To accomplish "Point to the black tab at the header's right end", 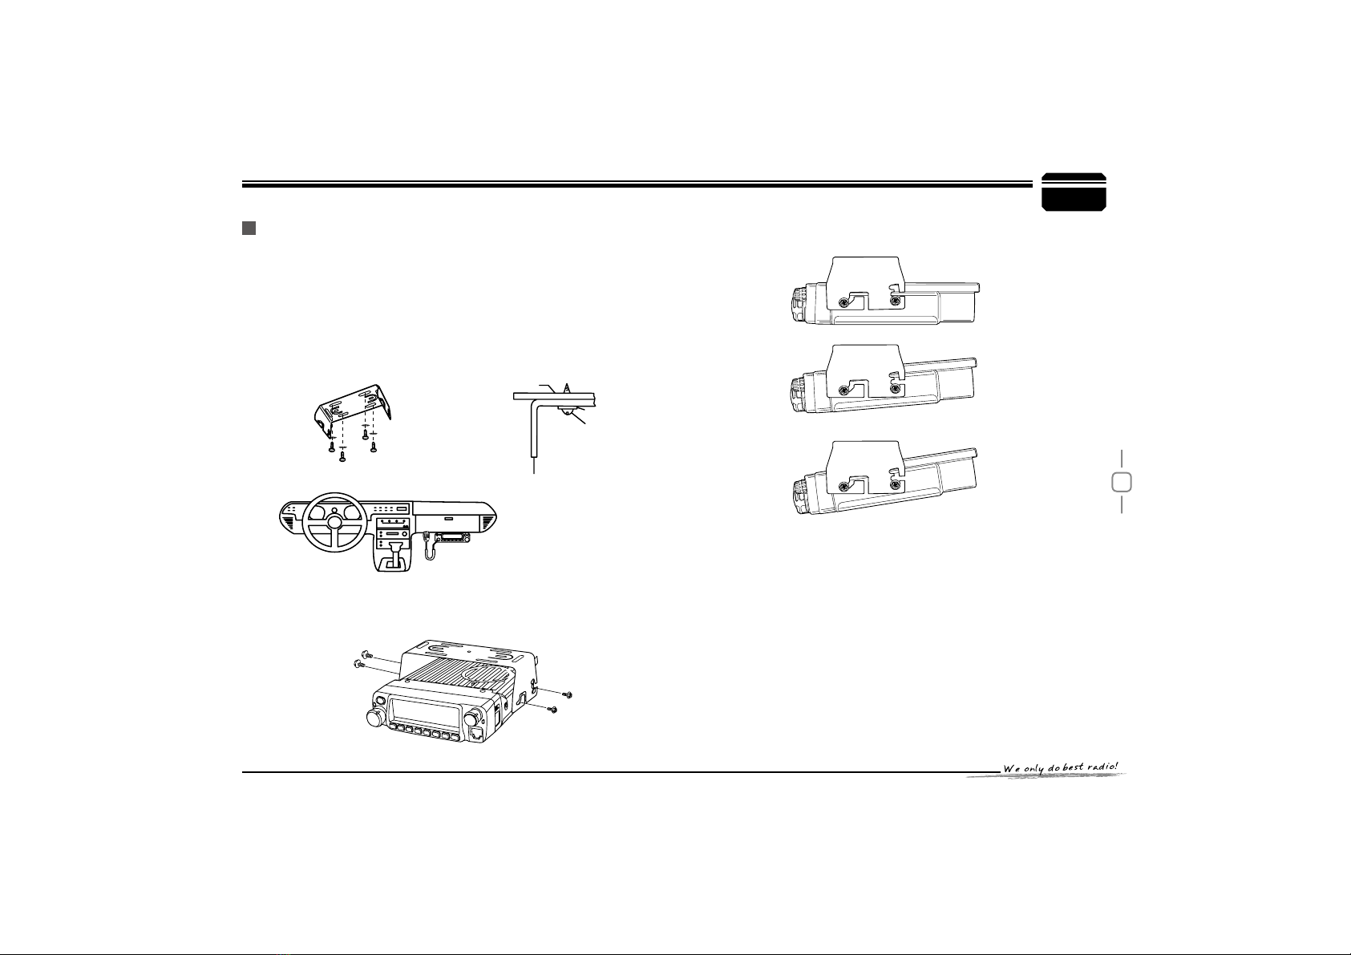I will [1074, 192].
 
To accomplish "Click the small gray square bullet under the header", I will [249, 229].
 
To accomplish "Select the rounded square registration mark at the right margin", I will [1122, 482].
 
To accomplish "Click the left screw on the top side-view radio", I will [844, 302].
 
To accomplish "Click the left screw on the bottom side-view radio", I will [844, 486].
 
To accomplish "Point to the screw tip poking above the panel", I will [566, 386].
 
